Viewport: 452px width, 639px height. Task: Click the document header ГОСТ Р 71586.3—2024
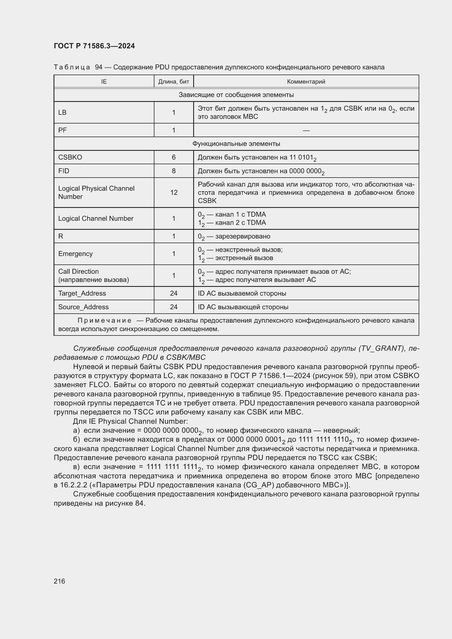point(94,46)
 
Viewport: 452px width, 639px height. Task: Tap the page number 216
point(59,581)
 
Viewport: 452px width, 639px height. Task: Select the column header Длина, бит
point(174,81)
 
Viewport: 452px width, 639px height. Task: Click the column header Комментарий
point(306,81)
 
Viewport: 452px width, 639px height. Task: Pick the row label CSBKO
point(70,157)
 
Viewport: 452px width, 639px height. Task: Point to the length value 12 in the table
point(174,193)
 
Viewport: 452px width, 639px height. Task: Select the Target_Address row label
point(82,293)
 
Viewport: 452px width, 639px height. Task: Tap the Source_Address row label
point(83,307)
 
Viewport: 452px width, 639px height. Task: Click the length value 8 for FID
point(174,171)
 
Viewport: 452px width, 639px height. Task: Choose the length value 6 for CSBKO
point(174,157)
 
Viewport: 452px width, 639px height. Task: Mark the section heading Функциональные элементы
point(236,144)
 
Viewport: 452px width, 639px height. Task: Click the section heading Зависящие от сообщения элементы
point(236,95)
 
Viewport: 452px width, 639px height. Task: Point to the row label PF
point(62,130)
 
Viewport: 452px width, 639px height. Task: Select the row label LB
point(62,113)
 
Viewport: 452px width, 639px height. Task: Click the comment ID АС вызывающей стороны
point(243,307)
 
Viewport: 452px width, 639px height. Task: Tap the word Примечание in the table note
point(104,321)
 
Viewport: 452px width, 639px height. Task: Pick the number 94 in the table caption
point(99,67)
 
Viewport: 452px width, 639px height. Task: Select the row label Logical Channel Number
point(96,219)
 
